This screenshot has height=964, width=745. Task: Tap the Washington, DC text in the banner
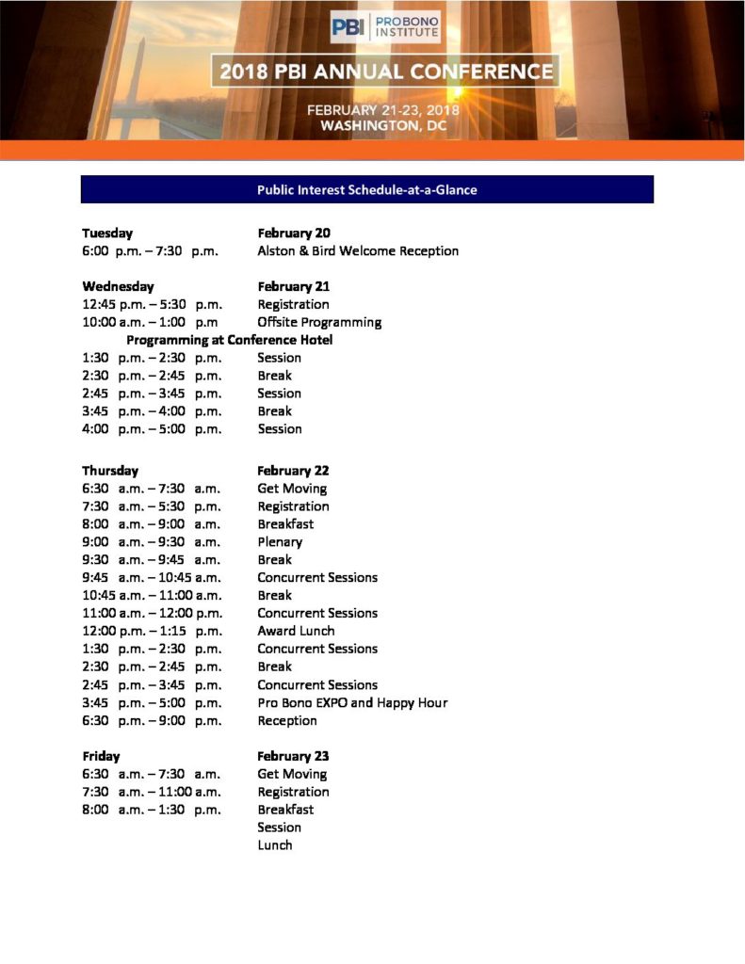382,125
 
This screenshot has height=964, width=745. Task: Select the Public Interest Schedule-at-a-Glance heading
366,189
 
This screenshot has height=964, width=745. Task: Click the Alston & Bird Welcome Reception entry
358,251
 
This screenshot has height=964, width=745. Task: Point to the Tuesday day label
107,233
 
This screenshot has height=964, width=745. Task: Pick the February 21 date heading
294,286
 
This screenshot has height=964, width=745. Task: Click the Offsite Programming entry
319,322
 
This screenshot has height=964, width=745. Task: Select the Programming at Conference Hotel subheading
229,340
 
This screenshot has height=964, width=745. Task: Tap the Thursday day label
110,470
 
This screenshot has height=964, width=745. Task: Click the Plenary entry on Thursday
280,542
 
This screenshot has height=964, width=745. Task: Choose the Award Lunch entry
296,631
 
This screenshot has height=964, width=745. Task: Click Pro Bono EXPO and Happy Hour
352,702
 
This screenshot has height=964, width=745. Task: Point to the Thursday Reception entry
287,720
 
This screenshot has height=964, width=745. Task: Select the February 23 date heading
294,756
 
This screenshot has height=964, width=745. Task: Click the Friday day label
101,756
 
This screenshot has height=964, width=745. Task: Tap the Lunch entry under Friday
275,845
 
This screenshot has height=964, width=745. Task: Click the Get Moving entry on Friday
292,774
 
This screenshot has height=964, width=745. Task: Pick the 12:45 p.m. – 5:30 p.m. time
152,304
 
